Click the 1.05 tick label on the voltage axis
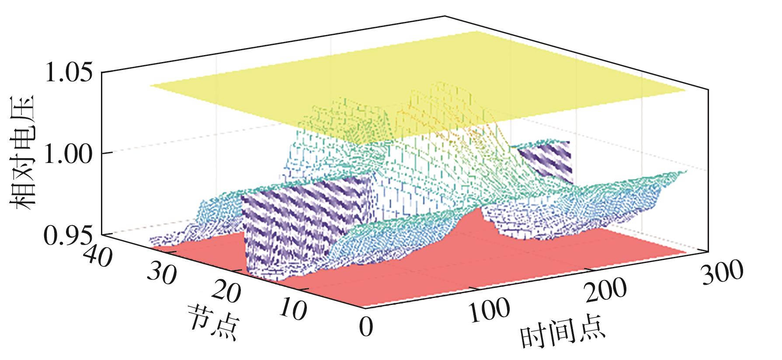pyautogui.click(x=69, y=73)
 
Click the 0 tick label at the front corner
pyautogui.click(x=366, y=326)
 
